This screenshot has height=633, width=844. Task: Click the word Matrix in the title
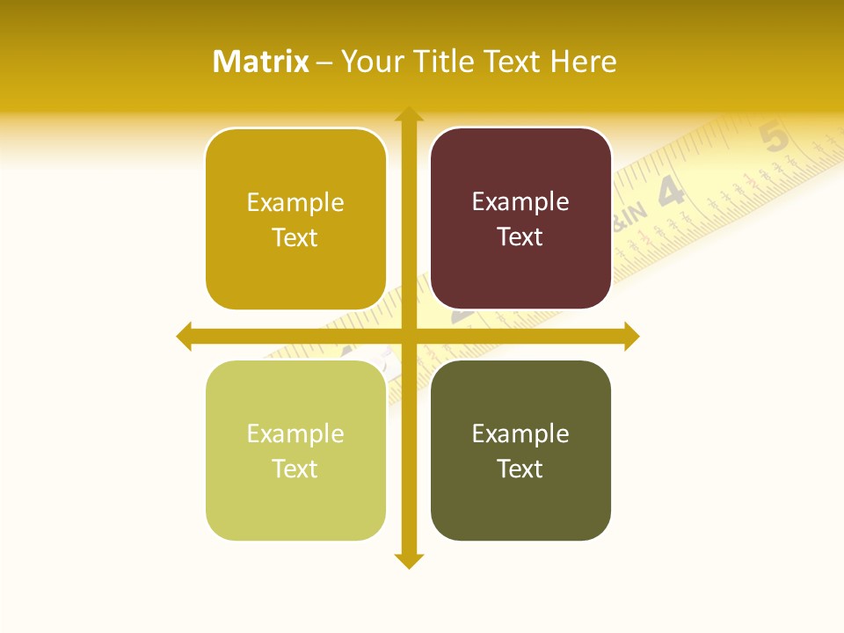click(x=260, y=62)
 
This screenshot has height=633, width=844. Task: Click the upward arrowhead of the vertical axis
click(x=408, y=114)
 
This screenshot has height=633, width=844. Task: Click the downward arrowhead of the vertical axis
click(x=408, y=561)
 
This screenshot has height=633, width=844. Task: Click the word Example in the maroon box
click(x=520, y=202)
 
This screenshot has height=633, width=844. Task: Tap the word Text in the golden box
click(x=295, y=237)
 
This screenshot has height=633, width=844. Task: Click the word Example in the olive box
click(x=520, y=433)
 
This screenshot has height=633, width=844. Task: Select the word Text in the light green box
click(x=295, y=469)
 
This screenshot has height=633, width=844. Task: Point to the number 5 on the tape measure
click(x=775, y=138)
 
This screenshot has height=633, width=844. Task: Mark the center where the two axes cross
click(x=408, y=336)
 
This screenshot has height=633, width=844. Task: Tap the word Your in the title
click(x=368, y=62)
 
